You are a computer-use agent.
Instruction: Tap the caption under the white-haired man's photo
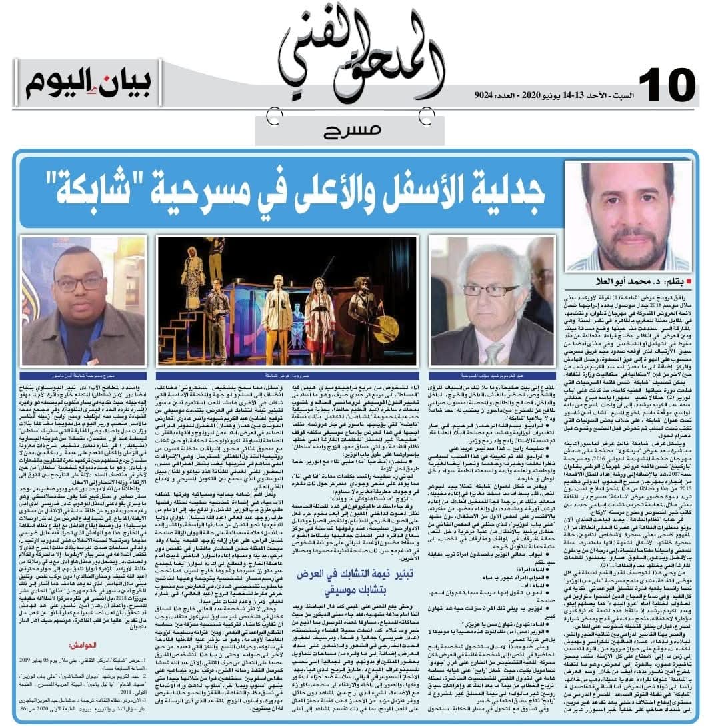pyautogui.click(x=493, y=376)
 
